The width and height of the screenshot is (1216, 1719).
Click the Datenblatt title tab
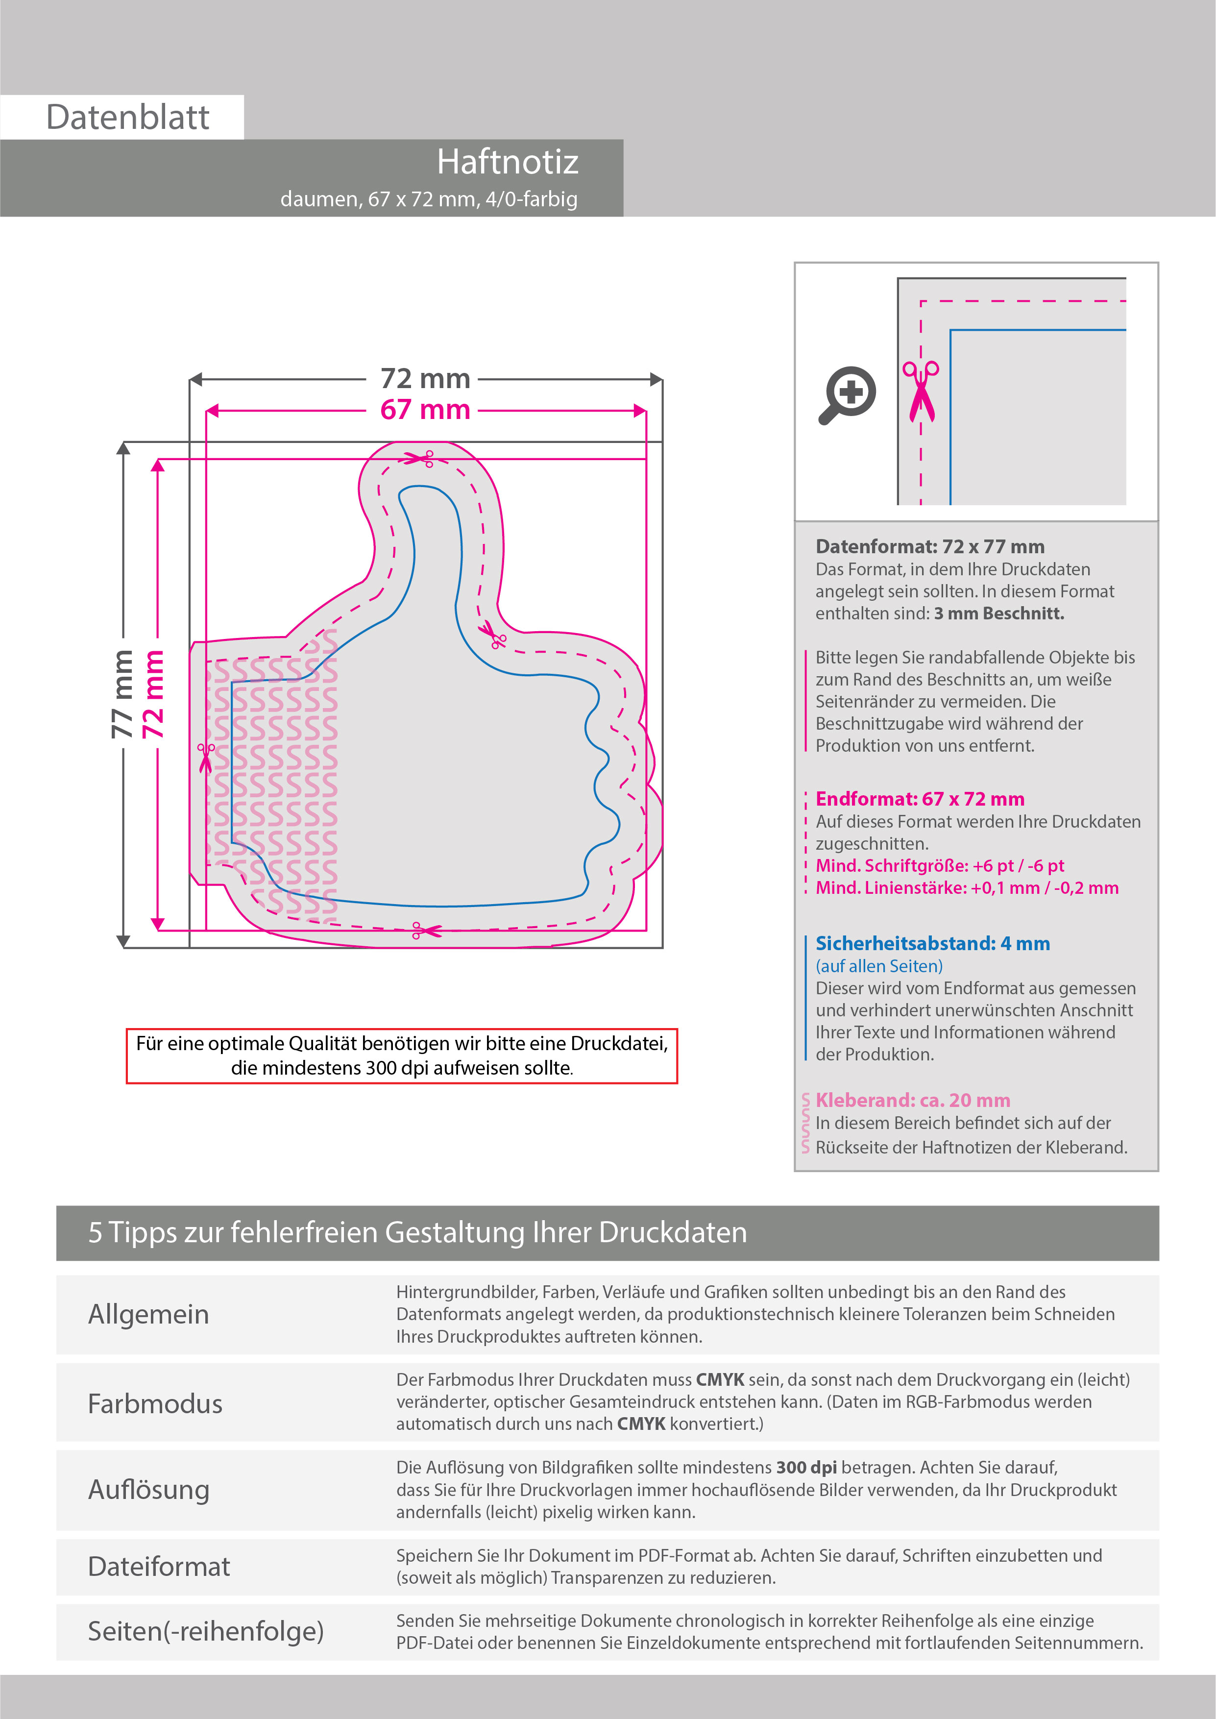coord(127,118)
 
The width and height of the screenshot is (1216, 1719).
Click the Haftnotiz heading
coord(507,162)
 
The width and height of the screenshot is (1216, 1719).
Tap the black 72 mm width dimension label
coord(425,379)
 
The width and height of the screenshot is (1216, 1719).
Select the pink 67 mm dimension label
coord(425,410)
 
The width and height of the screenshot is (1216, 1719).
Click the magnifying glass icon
coord(847,394)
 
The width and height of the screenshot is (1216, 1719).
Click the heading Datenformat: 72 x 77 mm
coord(929,546)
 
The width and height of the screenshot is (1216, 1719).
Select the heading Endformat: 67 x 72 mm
coord(920,799)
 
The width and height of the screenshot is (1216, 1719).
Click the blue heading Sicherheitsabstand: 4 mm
coord(932,943)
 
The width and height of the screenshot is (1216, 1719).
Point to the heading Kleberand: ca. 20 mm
coord(912,1100)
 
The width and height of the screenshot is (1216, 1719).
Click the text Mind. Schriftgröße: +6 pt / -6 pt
coord(939,865)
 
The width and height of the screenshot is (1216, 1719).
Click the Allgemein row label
coord(148,1314)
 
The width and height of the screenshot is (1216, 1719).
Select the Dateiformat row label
coord(159,1566)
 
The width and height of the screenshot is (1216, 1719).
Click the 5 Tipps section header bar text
coord(417,1232)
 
